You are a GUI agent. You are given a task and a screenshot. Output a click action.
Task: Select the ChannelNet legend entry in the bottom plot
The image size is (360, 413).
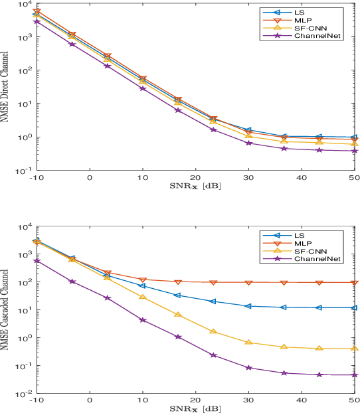click(317, 258)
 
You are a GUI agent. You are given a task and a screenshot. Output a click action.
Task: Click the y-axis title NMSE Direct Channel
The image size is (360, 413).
click(6, 87)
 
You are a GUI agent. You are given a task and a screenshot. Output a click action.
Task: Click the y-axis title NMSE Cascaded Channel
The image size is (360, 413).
click(6, 310)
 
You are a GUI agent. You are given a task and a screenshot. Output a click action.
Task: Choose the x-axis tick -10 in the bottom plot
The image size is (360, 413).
click(37, 400)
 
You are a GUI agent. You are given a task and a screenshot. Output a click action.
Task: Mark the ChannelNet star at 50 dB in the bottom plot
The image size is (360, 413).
click(354, 375)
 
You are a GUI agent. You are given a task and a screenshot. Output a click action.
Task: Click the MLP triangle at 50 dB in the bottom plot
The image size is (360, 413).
click(354, 283)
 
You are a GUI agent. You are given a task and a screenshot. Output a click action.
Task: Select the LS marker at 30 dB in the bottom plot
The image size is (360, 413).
click(248, 306)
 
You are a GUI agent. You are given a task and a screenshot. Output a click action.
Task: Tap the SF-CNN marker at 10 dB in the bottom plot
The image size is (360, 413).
click(142, 297)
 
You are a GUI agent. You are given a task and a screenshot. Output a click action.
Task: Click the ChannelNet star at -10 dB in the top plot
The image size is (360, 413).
click(37, 21)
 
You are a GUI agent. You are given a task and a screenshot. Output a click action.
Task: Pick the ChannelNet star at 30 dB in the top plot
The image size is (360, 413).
click(248, 143)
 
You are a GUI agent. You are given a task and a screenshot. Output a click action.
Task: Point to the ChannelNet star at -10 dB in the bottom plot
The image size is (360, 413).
click(37, 261)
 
